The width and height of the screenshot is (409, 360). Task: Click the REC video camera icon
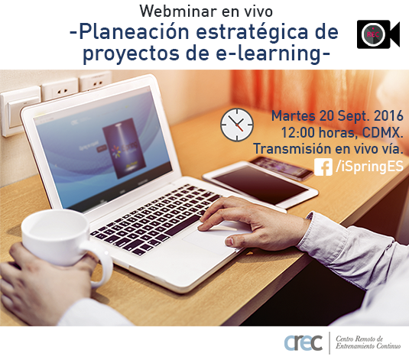click(378, 34)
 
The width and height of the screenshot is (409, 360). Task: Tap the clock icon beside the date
click(237, 125)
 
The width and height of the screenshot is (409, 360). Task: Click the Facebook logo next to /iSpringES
click(323, 167)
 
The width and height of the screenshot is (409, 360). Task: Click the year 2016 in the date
click(389, 116)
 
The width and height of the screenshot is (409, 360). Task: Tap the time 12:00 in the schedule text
click(298, 133)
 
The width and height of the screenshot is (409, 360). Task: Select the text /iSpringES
click(369, 166)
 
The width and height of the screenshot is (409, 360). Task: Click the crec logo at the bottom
click(304, 342)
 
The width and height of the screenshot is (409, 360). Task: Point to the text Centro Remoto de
click(359, 339)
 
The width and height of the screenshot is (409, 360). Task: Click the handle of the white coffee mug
click(102, 264)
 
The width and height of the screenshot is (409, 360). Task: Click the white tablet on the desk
click(260, 183)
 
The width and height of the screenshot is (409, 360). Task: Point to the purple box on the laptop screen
click(124, 148)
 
